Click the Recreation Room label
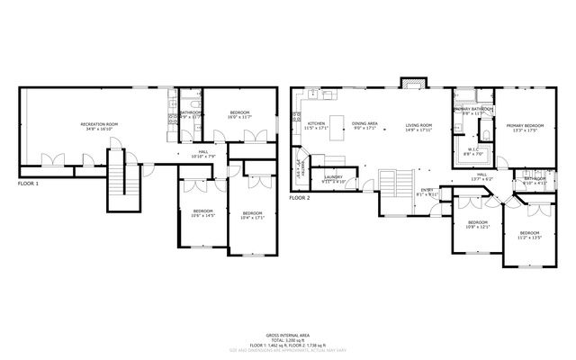99,123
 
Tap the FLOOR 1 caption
30,183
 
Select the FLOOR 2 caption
299,197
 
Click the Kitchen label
316,123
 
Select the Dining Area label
364,123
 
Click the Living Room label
418,125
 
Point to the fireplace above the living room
412,82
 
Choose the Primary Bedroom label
524,125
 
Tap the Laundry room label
334,177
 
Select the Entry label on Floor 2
428,190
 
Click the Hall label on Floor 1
202,151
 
